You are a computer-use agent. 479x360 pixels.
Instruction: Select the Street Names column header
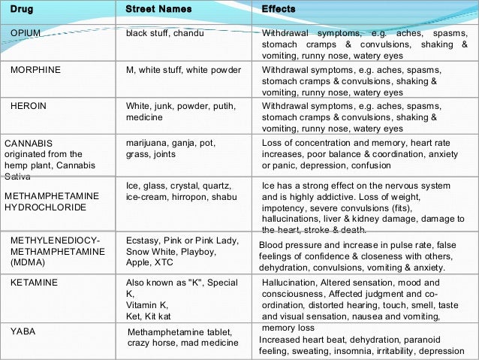coord(158,9)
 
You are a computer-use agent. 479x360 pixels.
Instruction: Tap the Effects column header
coord(279,9)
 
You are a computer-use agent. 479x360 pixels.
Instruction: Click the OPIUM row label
coord(26,34)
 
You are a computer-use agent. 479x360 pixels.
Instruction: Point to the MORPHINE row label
coord(35,70)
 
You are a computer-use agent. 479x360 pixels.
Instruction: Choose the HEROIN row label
coord(28,106)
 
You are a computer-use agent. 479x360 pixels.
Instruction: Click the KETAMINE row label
coord(34,283)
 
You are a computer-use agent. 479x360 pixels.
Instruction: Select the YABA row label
coord(23,330)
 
